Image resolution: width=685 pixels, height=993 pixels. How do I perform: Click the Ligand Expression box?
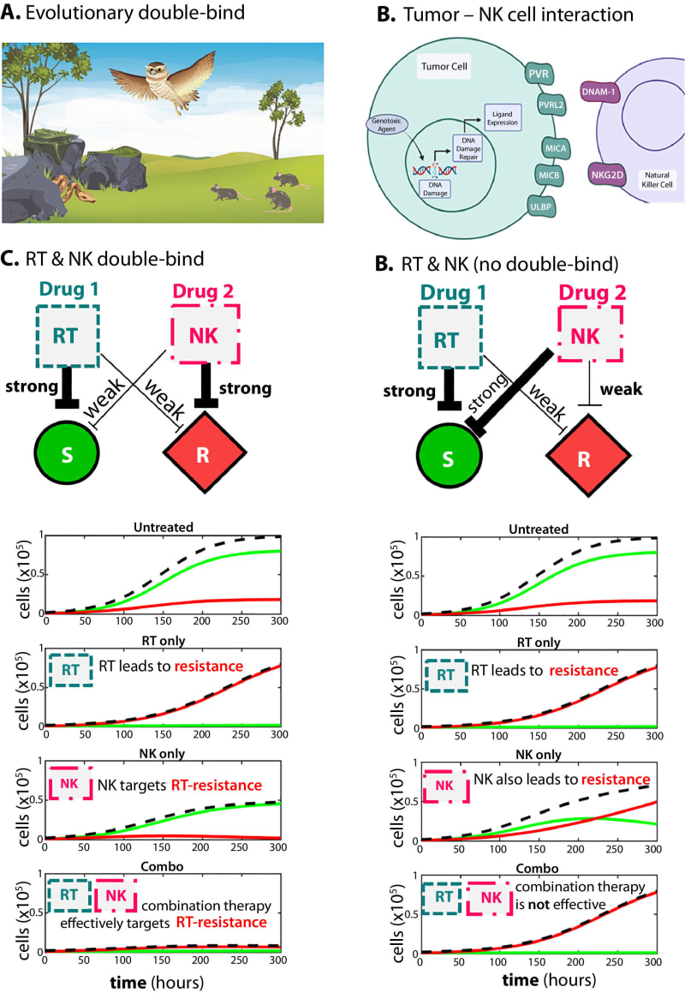pyautogui.click(x=503, y=117)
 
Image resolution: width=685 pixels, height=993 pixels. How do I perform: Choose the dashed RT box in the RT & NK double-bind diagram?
pyautogui.click(x=66, y=330)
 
